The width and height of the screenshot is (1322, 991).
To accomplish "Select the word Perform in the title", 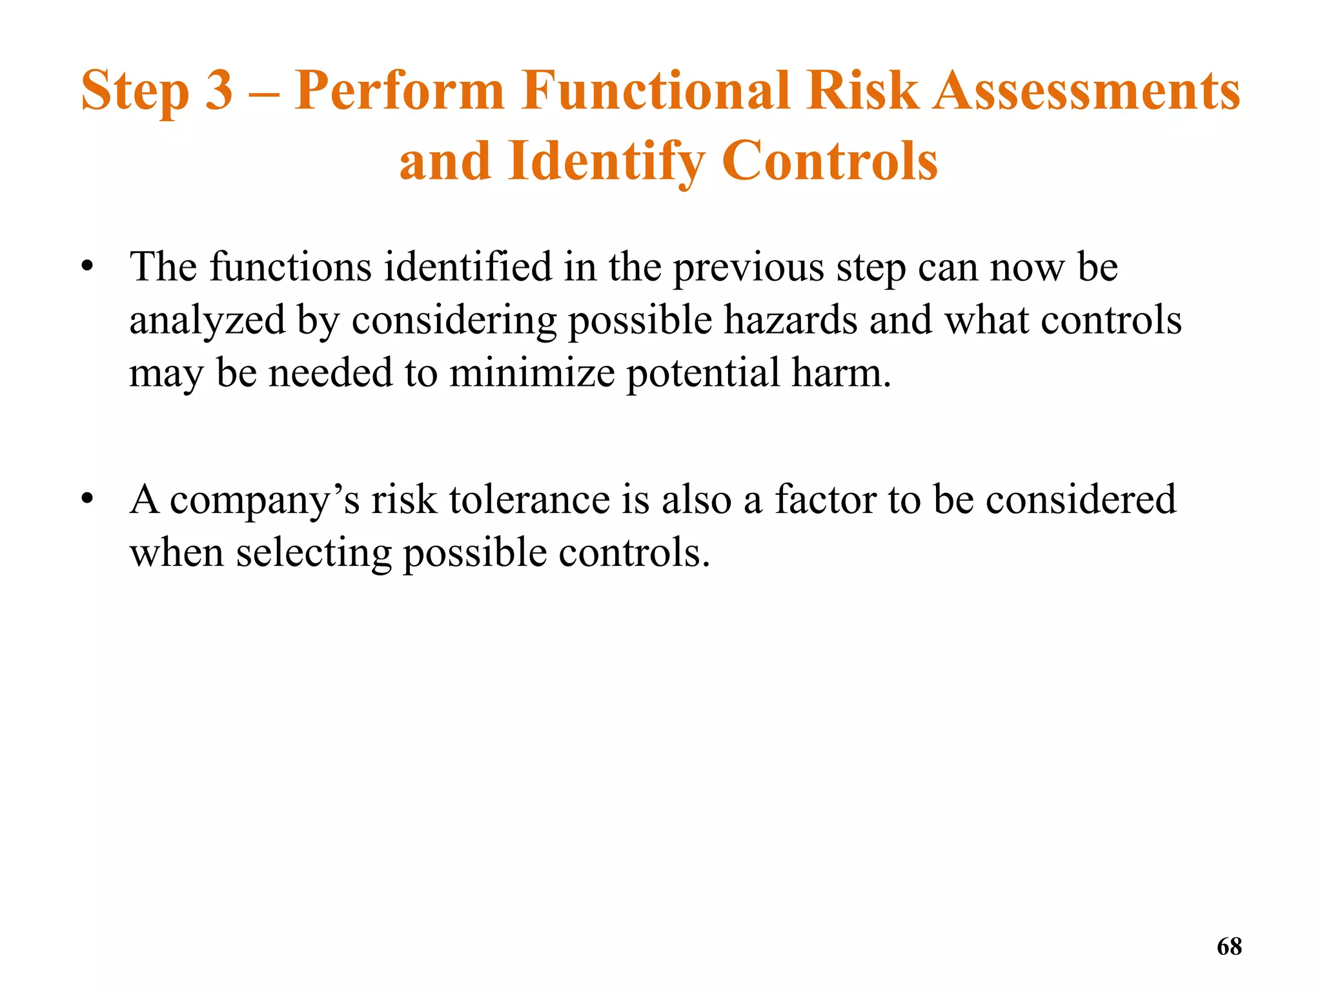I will coord(399,92).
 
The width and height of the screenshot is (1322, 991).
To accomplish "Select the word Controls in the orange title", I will coord(829,161).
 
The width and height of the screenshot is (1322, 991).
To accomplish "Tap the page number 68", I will coord(1229,946).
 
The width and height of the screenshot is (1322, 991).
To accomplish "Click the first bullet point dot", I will coord(88,266).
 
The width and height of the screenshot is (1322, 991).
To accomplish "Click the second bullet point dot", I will coord(88,499).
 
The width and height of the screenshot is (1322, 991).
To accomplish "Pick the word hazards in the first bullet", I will coord(790,320).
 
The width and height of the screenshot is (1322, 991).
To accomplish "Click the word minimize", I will coord(532,373).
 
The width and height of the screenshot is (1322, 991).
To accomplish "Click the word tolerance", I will coord(529,499).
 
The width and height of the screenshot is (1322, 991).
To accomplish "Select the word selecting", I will coord(314,554).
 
